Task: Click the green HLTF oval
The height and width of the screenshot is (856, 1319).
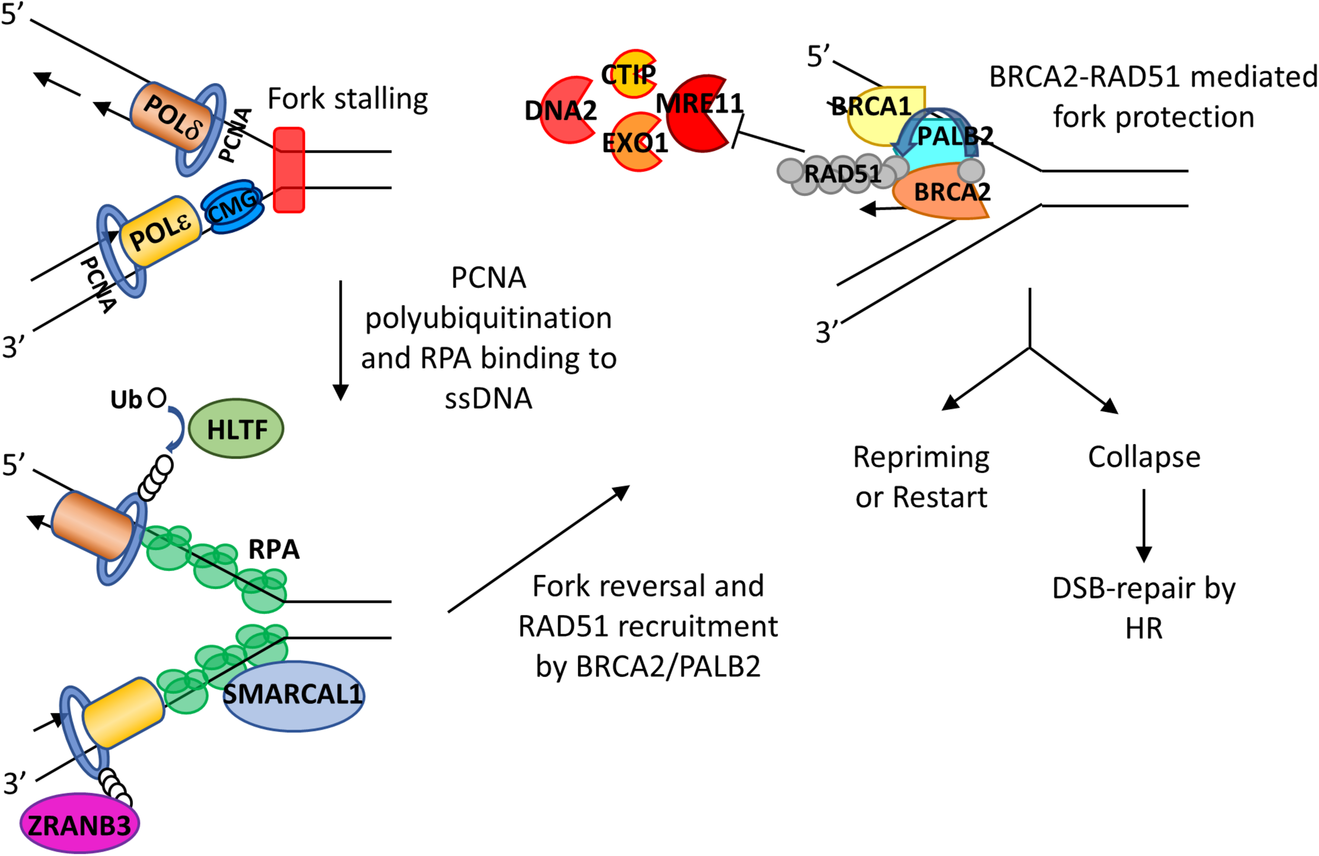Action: tap(236, 429)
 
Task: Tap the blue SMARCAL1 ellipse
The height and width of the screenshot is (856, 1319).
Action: tap(294, 696)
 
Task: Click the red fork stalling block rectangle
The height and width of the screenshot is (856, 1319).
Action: tap(289, 170)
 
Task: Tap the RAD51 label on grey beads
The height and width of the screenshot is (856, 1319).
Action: tap(843, 174)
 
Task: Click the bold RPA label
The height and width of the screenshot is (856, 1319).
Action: tap(274, 549)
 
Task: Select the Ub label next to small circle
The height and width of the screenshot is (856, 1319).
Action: tap(126, 400)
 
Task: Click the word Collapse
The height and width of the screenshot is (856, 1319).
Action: tap(1144, 457)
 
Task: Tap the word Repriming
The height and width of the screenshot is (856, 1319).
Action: tap(921, 457)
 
